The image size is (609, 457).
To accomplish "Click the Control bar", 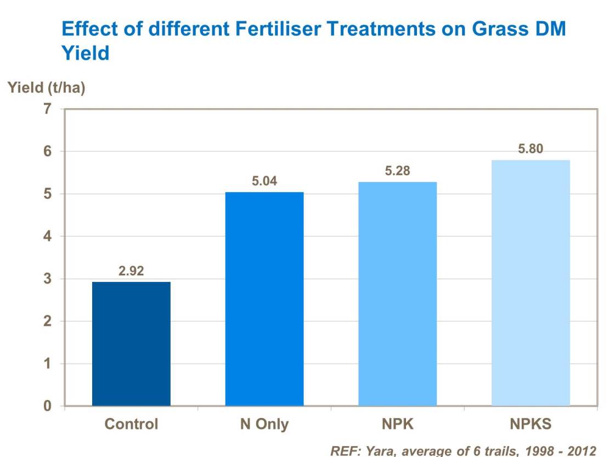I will click(131, 344).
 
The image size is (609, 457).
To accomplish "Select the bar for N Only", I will click(264, 299).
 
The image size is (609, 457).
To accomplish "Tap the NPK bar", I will click(397, 294).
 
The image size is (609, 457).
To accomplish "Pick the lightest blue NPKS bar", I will click(531, 283).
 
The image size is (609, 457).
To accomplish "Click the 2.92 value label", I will click(131, 271).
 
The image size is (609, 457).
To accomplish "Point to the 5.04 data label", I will click(264, 181).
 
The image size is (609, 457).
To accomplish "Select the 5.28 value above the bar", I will click(397, 171).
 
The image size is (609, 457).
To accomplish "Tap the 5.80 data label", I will click(531, 149).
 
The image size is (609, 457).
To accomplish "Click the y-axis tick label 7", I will click(48, 109).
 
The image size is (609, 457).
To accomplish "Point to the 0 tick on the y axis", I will click(48, 407).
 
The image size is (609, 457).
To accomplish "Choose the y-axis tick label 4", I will click(48, 236).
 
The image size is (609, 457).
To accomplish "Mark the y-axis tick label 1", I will click(48, 364).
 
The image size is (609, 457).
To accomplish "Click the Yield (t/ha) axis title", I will click(46, 88).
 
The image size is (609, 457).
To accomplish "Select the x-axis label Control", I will click(131, 424).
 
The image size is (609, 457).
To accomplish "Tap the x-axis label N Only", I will click(264, 424).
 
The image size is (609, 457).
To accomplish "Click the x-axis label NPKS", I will click(531, 424).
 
